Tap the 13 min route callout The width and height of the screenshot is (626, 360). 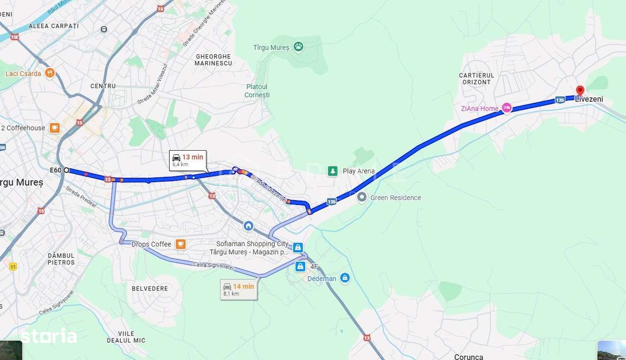coord(188,160)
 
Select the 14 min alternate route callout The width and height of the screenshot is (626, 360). coord(239,290)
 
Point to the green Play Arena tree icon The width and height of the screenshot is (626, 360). coord(333,171)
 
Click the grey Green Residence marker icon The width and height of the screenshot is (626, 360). coord(362,197)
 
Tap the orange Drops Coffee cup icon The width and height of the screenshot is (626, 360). coord(180,244)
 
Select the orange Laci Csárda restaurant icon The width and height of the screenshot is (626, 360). coord(49,73)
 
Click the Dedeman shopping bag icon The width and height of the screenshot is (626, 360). coord(345,278)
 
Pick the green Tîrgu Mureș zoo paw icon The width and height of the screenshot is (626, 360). coord(298,47)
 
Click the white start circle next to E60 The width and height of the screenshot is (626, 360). coord(67,170)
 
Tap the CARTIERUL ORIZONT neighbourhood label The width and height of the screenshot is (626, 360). coord(476,79)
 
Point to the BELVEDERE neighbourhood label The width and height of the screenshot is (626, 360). coord(150,289)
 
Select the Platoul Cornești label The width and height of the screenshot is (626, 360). coord(257,91)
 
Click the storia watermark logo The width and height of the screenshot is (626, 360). coord(48,336)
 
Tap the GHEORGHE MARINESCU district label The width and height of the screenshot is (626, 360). coord(213,60)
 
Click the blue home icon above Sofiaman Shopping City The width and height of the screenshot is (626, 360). coord(248,225)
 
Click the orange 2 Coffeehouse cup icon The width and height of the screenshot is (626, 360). coord(55,128)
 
